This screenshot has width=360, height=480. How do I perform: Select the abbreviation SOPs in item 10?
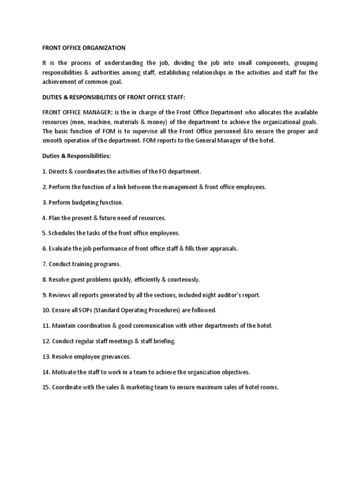[x=81, y=310]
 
